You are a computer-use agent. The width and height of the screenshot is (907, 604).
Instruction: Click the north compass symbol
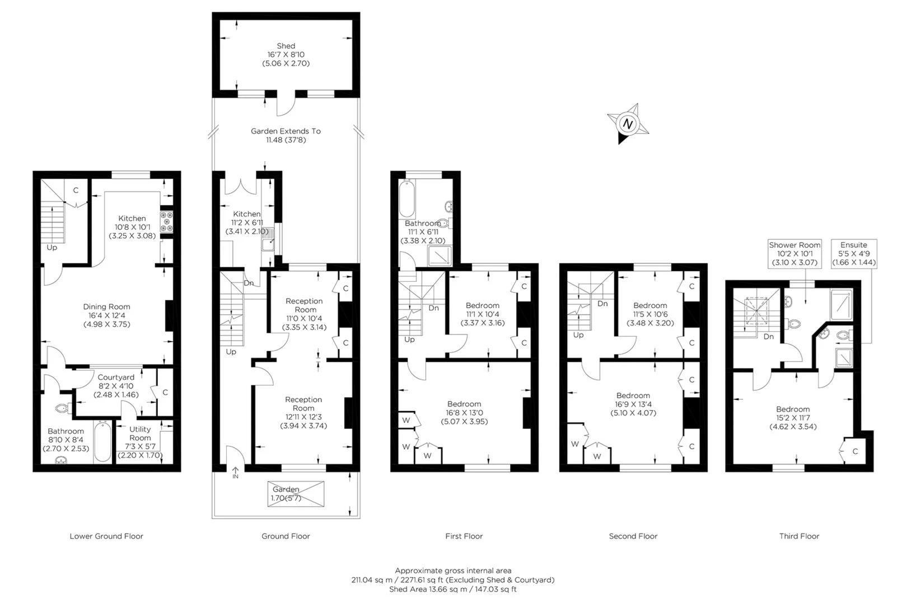[628, 124]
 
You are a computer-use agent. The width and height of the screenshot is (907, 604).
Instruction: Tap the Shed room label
[286, 54]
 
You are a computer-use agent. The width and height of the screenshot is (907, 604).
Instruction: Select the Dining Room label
[106, 315]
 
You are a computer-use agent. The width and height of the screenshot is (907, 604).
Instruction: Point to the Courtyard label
[116, 386]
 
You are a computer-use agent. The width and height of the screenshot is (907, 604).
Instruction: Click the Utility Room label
[140, 433]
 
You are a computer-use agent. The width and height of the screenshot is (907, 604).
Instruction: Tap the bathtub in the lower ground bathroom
[102, 442]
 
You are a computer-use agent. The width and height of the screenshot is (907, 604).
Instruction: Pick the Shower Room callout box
[794, 253]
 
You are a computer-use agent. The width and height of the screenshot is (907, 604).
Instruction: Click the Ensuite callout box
[854, 253]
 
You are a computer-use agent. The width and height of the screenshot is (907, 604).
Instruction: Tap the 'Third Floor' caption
[799, 536]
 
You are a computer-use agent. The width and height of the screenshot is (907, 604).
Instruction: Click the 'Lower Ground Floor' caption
[106, 536]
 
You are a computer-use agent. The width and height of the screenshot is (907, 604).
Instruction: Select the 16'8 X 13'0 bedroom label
[464, 412]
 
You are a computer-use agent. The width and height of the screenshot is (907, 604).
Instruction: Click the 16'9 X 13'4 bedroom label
[633, 404]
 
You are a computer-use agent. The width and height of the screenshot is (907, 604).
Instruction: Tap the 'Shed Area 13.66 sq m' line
[453, 589]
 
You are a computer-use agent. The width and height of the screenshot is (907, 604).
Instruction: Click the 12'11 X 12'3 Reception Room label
[303, 412]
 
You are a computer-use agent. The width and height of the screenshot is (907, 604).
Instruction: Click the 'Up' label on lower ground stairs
[52, 247]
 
